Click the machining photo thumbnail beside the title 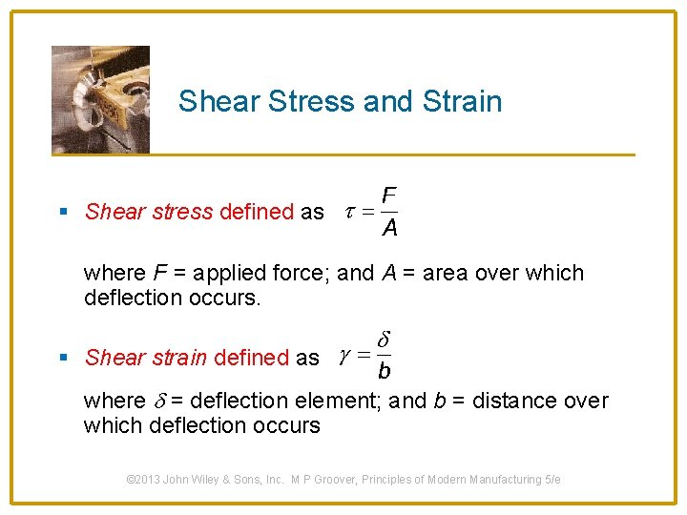click(x=100, y=99)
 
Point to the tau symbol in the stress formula click(x=349, y=212)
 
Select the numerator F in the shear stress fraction click(x=388, y=196)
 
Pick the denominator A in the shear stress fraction click(x=389, y=228)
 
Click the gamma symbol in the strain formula click(x=343, y=358)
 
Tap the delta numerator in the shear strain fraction click(x=384, y=340)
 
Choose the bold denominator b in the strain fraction click(x=384, y=372)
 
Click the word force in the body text click(x=300, y=273)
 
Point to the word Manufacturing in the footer click(x=503, y=480)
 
